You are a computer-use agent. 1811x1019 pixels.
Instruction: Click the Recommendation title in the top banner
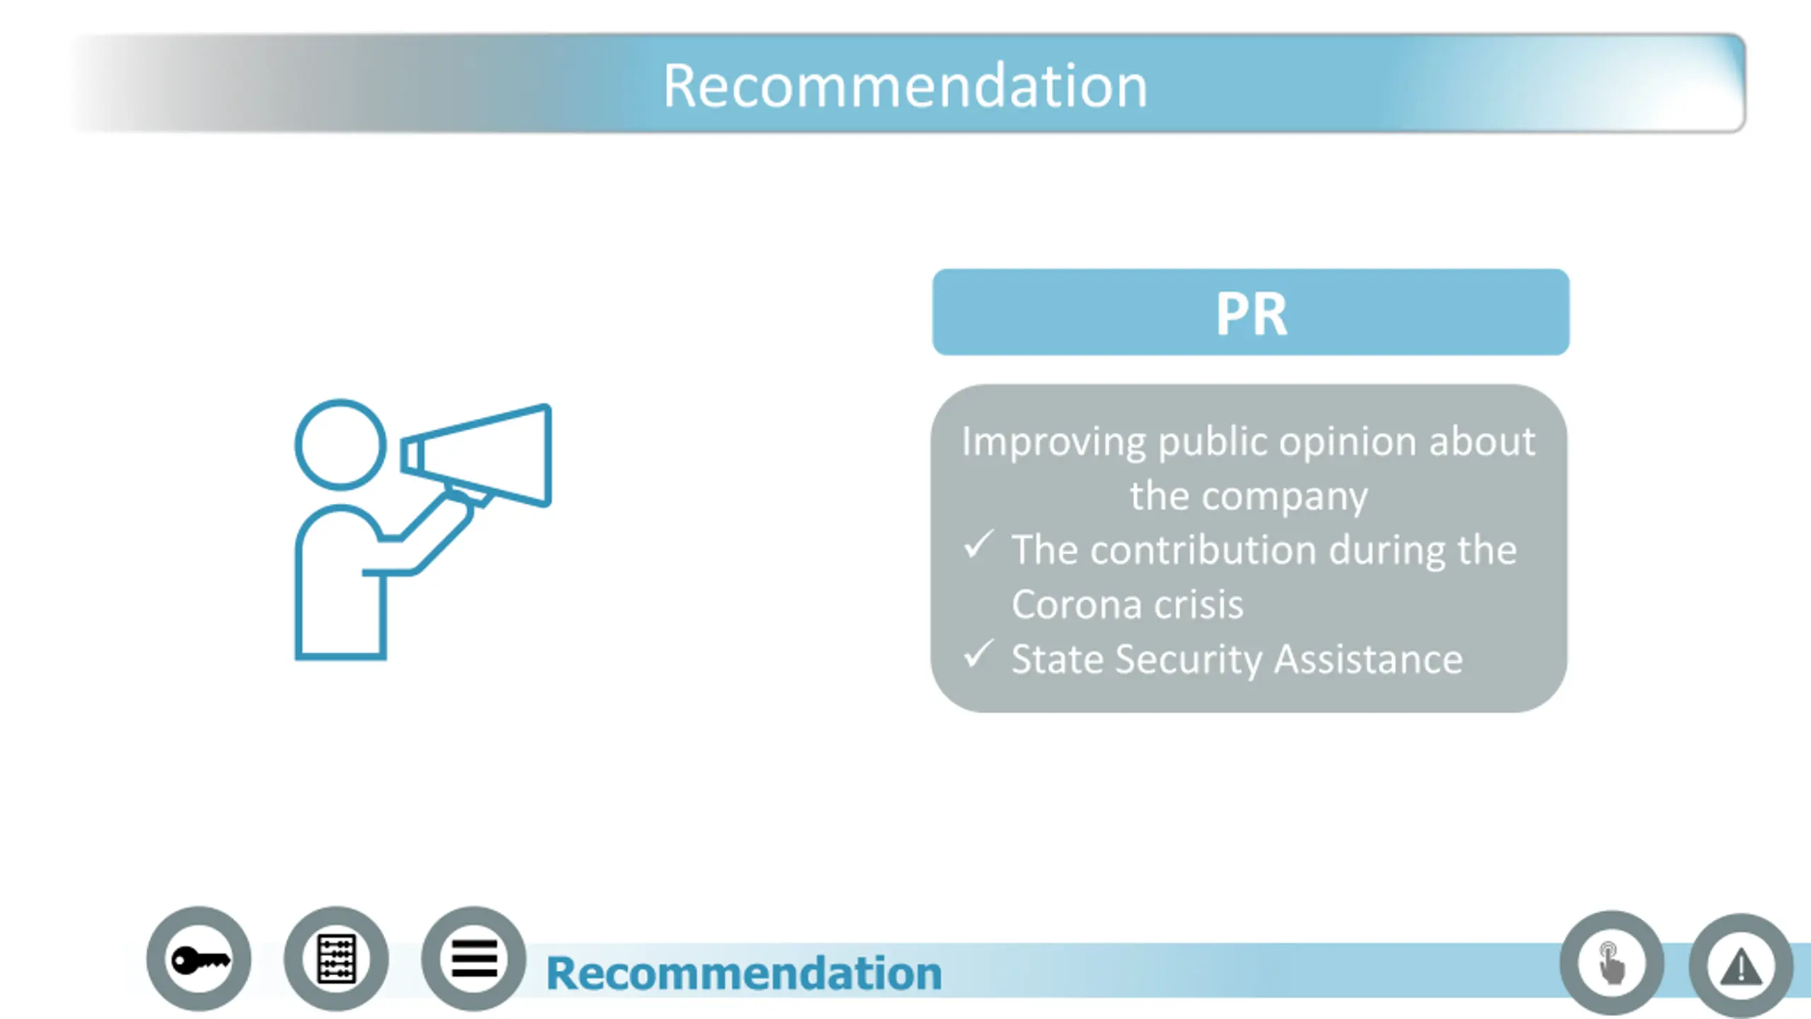(x=905, y=86)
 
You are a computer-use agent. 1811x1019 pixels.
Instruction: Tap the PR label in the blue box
(x=1251, y=313)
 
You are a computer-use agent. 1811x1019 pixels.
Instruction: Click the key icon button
(x=199, y=960)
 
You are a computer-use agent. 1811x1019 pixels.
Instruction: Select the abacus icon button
(x=336, y=960)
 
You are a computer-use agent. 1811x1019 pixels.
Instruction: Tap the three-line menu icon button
(x=473, y=960)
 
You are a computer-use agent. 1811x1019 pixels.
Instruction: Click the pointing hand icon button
(x=1612, y=963)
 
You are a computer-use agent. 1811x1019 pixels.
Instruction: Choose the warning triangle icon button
(x=1740, y=966)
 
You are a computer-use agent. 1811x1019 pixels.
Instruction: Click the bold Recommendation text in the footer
(x=744, y=973)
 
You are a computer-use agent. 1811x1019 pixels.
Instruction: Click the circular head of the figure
(x=340, y=444)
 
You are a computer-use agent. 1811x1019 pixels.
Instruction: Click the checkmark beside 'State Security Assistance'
(x=978, y=655)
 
